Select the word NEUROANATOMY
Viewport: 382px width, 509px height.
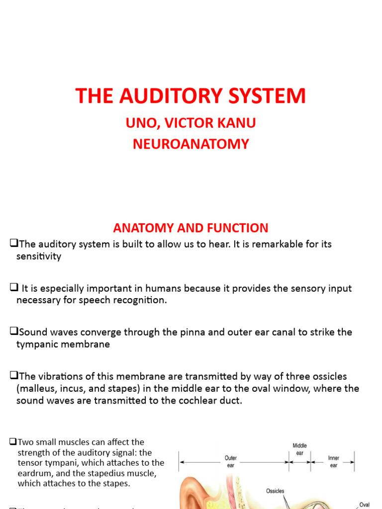[191, 144]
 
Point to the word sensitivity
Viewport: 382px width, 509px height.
[39, 256]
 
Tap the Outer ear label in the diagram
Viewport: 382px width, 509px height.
[230, 461]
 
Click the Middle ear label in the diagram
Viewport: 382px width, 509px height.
[300, 449]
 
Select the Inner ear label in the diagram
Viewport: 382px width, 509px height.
[333, 461]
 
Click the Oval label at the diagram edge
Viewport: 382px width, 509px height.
[365, 505]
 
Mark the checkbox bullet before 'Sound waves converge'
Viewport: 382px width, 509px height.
[14, 332]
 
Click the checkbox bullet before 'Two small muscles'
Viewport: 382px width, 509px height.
[13, 442]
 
